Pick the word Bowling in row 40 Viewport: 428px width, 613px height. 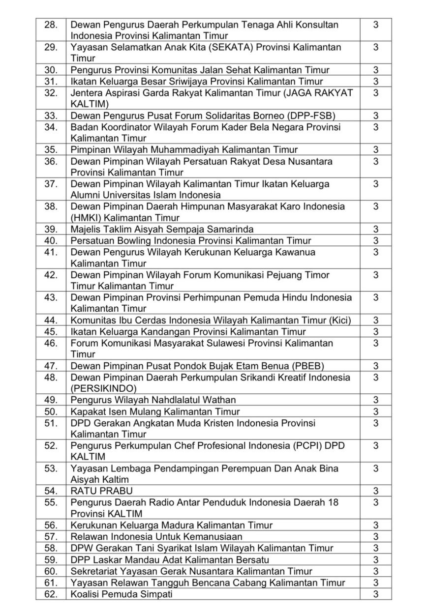[134, 240]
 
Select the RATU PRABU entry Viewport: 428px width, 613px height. [101, 491]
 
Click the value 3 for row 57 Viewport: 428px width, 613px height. [375, 536]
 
